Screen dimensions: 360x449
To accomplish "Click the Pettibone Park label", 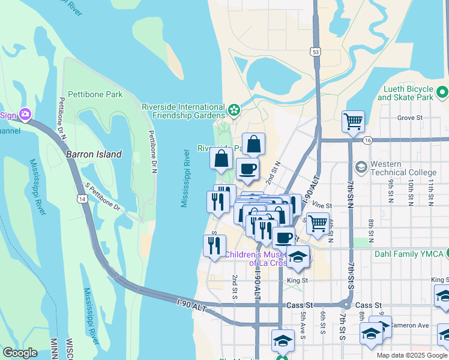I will pos(95,94).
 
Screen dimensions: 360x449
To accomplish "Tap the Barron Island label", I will pos(93,154).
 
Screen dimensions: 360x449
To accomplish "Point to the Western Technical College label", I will pos(403,168).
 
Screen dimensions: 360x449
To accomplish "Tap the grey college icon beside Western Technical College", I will pos(361,166).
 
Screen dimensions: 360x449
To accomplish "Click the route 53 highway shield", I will pos(316,53).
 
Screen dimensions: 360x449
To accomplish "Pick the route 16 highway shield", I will pos(367,140).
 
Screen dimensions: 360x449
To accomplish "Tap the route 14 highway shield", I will pos(81,198).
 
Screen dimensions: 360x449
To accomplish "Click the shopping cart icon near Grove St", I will pos(353,121).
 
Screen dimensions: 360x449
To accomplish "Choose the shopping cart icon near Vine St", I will pos(318,223).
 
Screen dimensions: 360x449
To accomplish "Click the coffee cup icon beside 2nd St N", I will pos(247,169).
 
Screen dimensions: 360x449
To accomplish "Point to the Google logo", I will pos(20,353).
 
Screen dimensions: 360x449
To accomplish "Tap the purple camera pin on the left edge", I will pos(25,113).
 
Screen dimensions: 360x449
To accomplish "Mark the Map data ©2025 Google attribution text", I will pos(411,355).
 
